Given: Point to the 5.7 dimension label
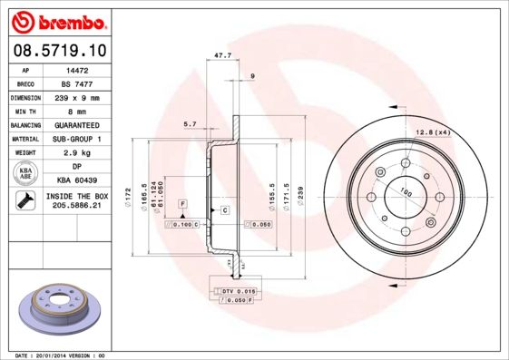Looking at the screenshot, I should pyautogui.click(x=191, y=123).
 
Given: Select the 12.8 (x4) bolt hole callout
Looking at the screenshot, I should pyautogui.click(x=433, y=132).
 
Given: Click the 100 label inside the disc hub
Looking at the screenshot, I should pyautogui.click(x=401, y=191).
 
